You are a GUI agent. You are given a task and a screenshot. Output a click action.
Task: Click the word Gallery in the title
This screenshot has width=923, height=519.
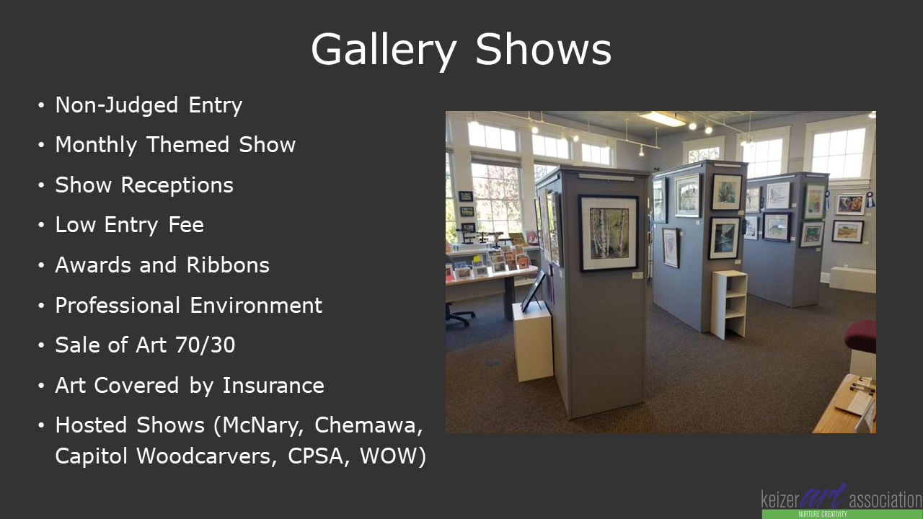pos(384,50)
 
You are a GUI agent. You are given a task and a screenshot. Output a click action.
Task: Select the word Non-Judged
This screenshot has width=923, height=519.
pos(117,105)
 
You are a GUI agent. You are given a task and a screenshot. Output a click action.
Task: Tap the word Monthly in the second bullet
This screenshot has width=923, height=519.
pos(96,145)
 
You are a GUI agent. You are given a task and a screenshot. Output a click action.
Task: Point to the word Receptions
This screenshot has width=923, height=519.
pos(177,185)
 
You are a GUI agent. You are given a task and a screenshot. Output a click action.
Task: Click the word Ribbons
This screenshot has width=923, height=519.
pos(228,265)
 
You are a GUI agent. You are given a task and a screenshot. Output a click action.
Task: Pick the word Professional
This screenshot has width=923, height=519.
pos(118,305)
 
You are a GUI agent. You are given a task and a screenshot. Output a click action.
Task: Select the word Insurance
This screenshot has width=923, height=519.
pos(273,386)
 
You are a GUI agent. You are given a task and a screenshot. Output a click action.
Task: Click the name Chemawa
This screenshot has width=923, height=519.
pos(368,425)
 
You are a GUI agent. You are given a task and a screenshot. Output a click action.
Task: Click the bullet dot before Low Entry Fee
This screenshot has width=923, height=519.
pos(41,226)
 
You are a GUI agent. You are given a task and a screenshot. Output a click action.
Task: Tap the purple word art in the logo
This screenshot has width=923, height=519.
pos(823,497)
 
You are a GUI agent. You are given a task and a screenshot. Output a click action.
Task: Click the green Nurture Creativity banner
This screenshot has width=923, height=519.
pos(842,514)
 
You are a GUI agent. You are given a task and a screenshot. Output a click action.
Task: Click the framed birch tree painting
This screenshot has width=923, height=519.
pos(609,233)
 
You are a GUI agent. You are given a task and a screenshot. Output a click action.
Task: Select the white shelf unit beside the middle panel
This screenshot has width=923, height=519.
pos(729,304)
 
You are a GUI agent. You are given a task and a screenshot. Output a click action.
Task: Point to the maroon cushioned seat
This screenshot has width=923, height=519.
pos(861,336)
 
